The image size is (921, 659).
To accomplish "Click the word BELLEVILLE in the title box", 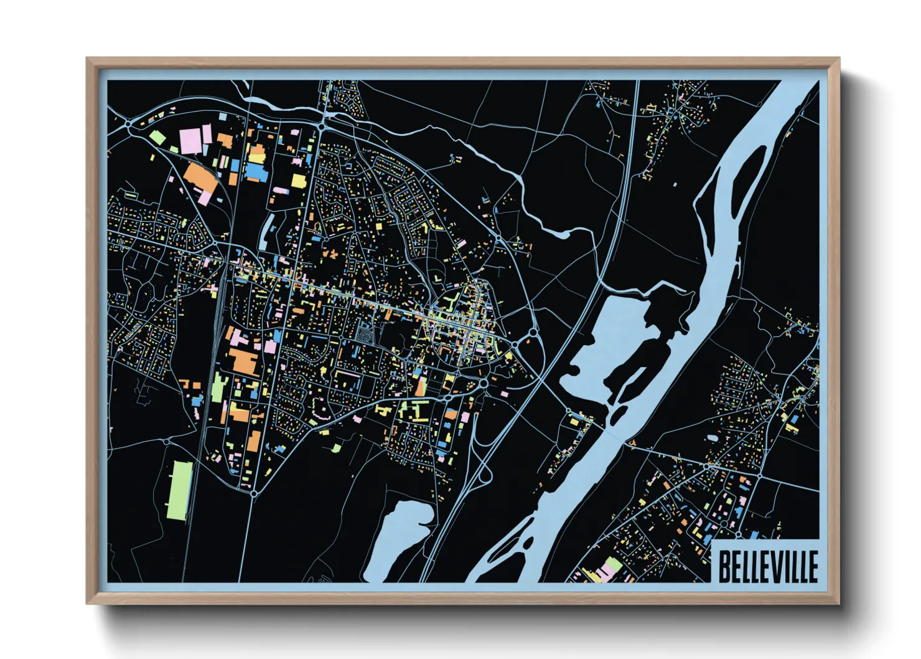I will click(x=768, y=566).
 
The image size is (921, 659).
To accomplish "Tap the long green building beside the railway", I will click(x=178, y=490).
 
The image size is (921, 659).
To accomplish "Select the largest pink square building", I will click(x=191, y=140).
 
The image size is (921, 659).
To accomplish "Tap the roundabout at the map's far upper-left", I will click(x=128, y=125).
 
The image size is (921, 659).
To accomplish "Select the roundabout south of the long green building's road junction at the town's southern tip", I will click(x=254, y=493).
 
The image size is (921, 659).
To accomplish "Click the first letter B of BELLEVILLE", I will click(x=724, y=566).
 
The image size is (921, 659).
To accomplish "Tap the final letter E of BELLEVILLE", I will click(x=812, y=566).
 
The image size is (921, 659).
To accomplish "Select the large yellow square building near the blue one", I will click(x=299, y=181).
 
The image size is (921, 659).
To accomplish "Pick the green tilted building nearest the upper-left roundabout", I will click(x=156, y=137).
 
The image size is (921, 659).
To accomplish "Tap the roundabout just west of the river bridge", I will click(x=568, y=412).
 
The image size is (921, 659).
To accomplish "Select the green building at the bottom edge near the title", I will click(x=613, y=566).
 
